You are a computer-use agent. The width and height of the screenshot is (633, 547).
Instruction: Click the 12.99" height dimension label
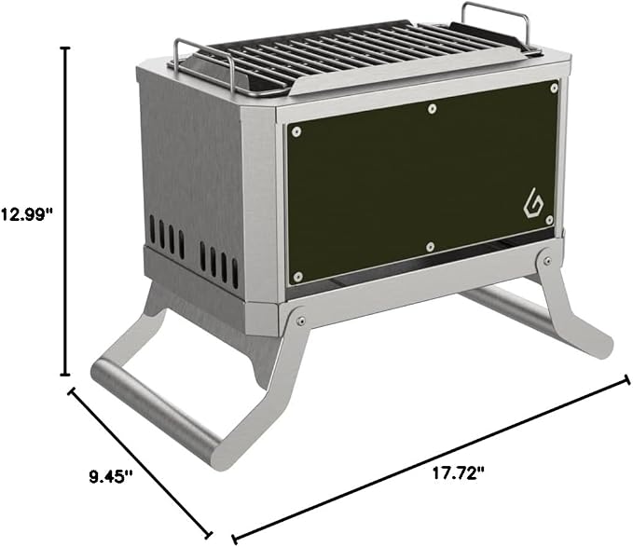tap(27, 213)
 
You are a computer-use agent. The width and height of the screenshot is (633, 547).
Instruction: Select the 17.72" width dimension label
tap(458, 472)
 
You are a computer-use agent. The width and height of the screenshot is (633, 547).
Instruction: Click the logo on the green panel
tap(533, 203)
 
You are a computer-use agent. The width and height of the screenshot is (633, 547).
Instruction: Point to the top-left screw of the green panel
tap(296, 131)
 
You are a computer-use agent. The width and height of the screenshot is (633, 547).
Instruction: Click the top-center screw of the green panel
tap(432, 108)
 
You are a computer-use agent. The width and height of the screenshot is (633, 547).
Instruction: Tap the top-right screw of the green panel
tap(554, 88)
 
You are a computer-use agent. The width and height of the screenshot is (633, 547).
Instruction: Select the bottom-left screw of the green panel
tap(298, 277)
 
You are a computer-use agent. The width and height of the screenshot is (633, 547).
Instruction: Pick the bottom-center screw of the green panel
tap(431, 246)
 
